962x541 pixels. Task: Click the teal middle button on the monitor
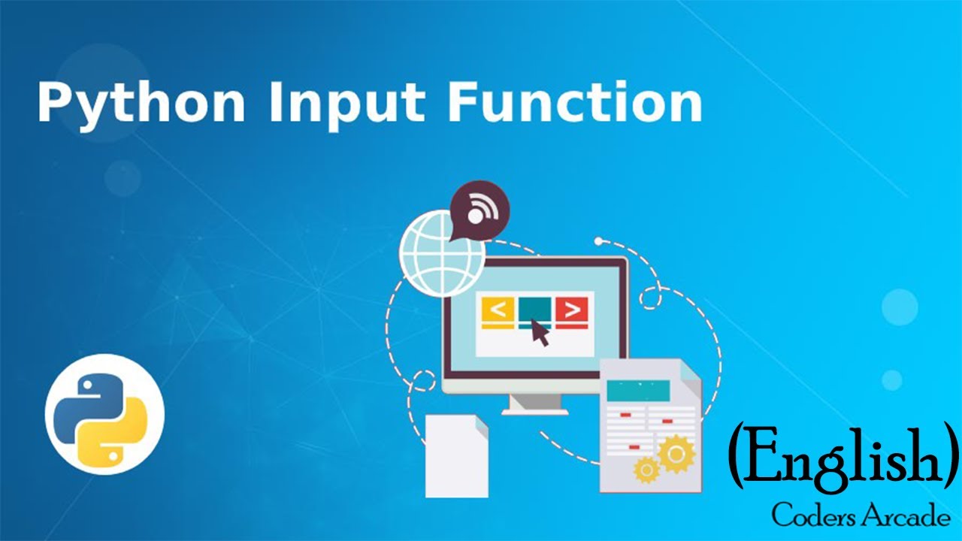[x=534, y=307]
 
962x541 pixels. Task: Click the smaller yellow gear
[x=646, y=470]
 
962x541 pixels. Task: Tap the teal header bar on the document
[x=638, y=390]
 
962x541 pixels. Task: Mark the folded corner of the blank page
[x=480, y=422]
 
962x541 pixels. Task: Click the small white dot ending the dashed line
[x=598, y=241]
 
